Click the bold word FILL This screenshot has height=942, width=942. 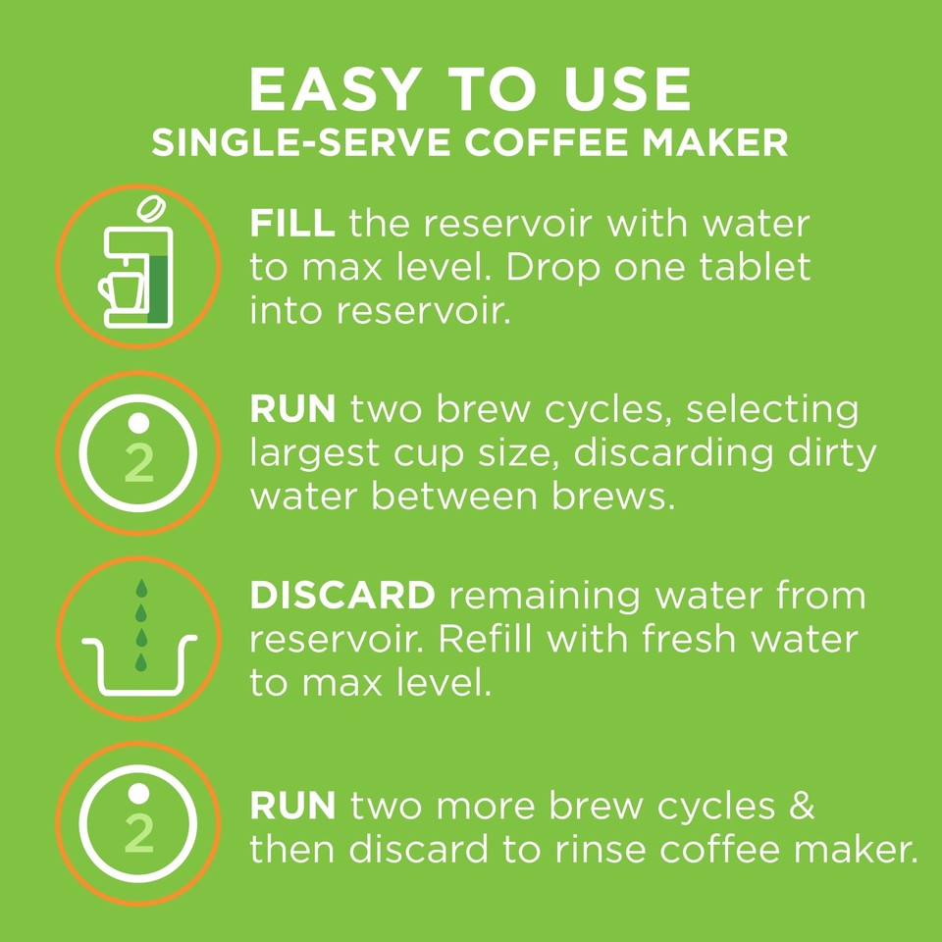(292, 225)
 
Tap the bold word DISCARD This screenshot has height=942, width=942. (341, 596)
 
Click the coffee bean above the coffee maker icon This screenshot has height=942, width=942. (151, 209)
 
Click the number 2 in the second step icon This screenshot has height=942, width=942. (140, 464)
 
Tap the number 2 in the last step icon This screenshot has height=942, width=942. (140, 833)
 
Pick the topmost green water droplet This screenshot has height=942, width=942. (141, 588)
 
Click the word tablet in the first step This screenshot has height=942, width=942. (753, 267)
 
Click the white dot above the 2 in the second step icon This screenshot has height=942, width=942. (140, 420)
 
